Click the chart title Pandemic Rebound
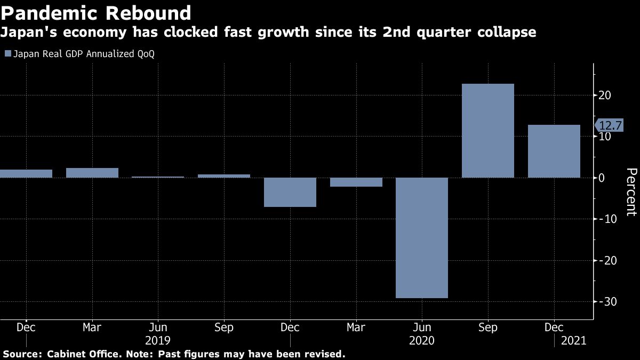pos(96,13)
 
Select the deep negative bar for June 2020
pos(421,237)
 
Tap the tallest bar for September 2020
pos(487,131)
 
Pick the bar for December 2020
pos(554,151)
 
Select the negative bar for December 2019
pos(290,192)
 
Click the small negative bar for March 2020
pos(356,182)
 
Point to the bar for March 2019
pos(92,173)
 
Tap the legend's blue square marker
pos(7,54)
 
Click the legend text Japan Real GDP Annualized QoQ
pos(83,54)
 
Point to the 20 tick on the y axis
pos(604,95)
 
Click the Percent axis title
pos(631,192)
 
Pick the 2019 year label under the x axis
pos(157,340)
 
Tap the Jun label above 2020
pos(421,327)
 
